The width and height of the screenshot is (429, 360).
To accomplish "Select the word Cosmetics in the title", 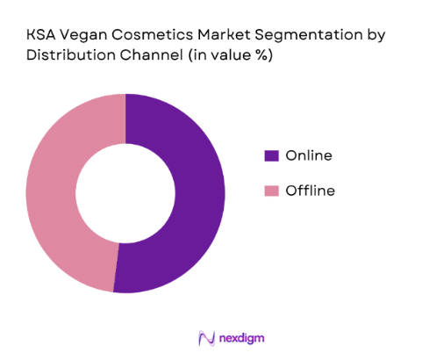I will coord(153,34).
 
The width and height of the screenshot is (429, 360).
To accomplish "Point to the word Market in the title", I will coord(224,34).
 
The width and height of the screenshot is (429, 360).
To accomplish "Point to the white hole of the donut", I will coord(125,193).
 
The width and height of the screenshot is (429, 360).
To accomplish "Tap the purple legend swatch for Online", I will coord(271,155).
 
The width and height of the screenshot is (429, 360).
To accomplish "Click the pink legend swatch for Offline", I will coord(271,191).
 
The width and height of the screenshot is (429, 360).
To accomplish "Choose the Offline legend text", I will coord(310,191).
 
